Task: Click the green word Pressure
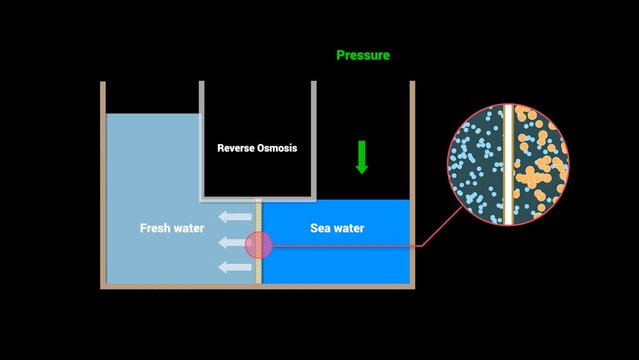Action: click(x=362, y=56)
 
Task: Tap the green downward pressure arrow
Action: click(x=362, y=157)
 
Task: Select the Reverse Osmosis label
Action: click(x=257, y=148)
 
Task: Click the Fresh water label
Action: click(x=172, y=229)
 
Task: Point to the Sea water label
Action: click(x=337, y=229)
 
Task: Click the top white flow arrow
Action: click(x=236, y=216)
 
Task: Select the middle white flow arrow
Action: click(x=236, y=242)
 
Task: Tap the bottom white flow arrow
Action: click(x=236, y=266)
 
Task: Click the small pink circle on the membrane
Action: click(x=258, y=245)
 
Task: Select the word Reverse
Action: click(x=236, y=148)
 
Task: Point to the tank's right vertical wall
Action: click(x=411, y=140)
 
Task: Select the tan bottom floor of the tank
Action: click(x=257, y=286)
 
